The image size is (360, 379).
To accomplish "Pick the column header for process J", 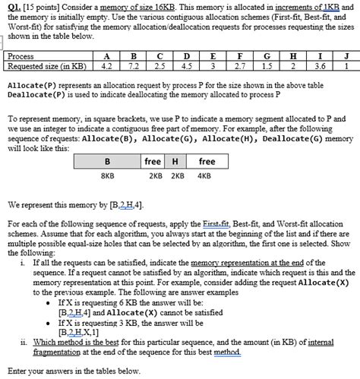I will click(346, 56).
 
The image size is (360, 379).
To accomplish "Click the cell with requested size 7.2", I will click(133, 65).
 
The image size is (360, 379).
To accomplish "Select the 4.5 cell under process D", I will click(186, 65).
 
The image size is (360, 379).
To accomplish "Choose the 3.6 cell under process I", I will click(320, 65).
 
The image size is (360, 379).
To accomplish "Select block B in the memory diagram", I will click(107, 162).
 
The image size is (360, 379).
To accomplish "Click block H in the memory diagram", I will click(175, 162).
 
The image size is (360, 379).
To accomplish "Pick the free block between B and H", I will click(153, 162).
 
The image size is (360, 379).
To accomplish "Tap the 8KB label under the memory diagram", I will click(107, 176).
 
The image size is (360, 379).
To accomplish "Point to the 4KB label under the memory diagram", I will click(204, 176).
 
